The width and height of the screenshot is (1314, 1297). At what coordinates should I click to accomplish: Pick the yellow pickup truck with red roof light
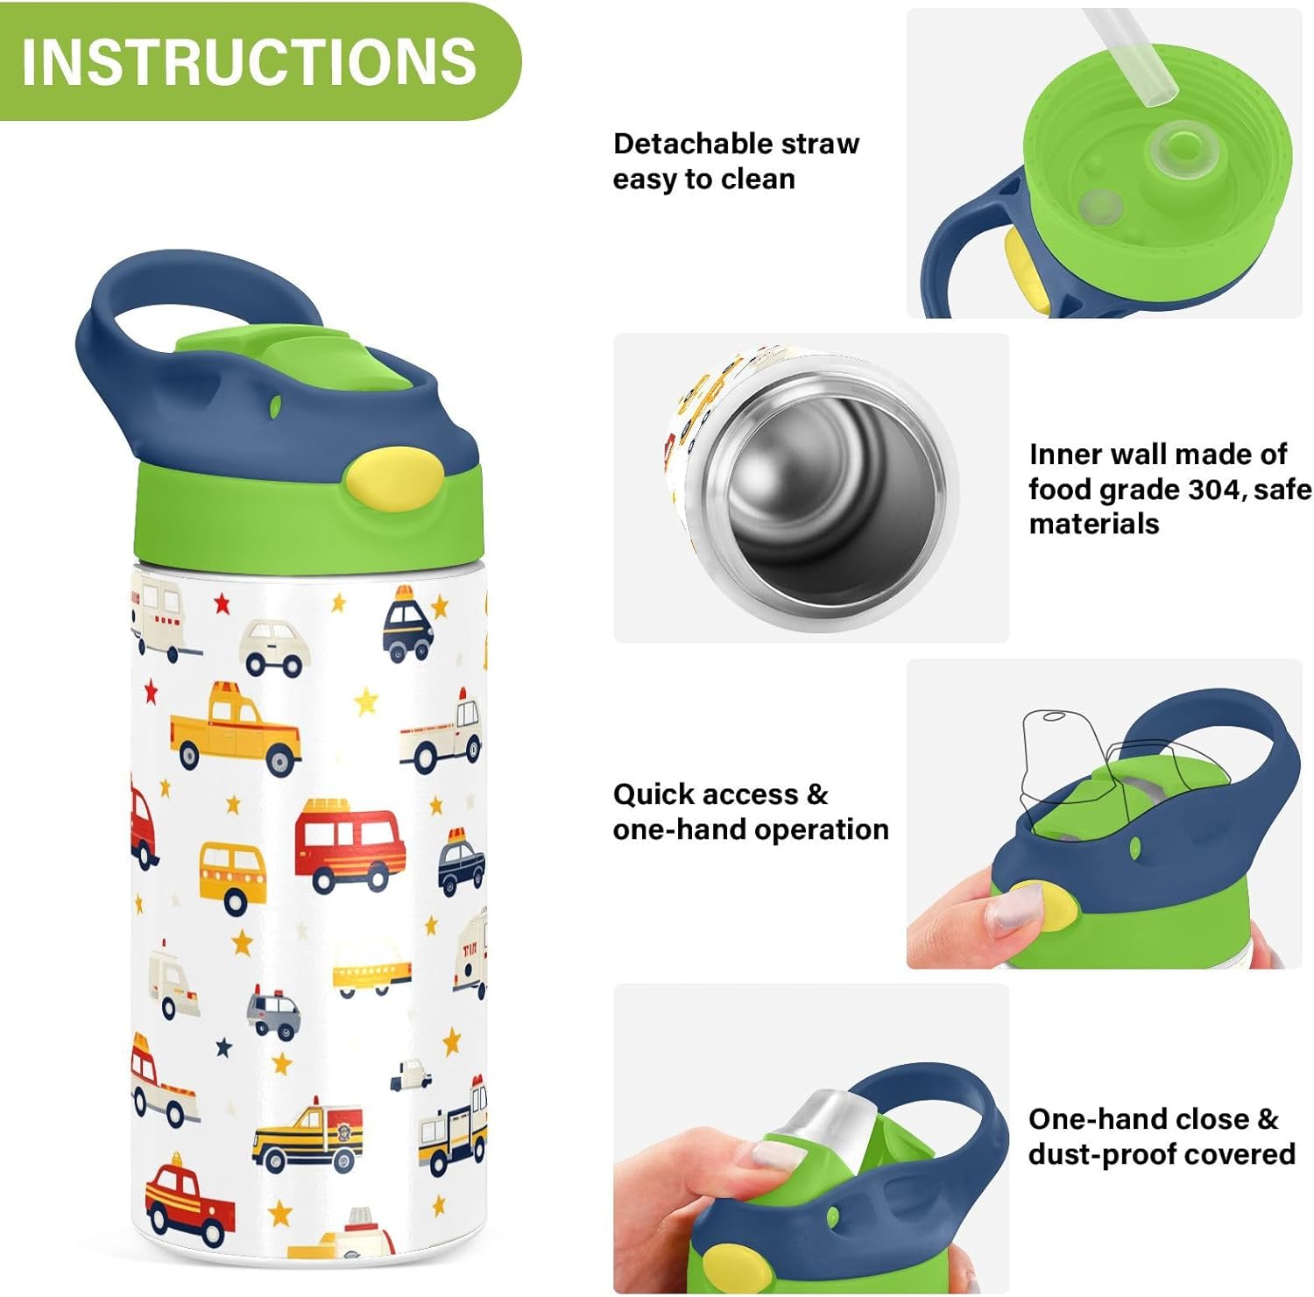(234, 728)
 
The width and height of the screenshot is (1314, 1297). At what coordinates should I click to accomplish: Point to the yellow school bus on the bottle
(232, 874)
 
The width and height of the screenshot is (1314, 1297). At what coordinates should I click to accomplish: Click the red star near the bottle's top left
(221, 603)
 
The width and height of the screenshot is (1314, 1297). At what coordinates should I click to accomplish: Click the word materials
(1093, 524)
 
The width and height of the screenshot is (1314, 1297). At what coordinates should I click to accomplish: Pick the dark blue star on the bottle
(224, 1047)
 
